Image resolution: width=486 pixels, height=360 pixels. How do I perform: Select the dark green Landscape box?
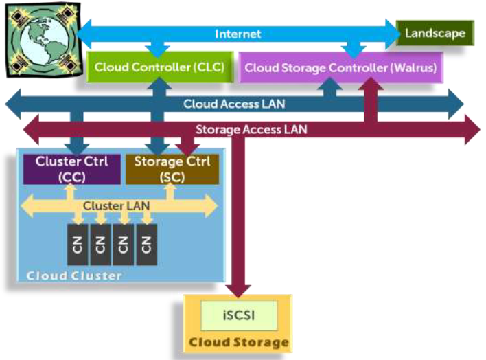click(435, 32)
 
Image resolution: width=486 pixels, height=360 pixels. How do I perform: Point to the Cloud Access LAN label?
click(233, 104)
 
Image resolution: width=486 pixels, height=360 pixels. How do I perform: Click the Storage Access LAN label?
click(251, 128)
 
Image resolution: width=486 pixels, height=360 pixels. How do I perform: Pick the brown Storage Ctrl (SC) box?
click(172, 169)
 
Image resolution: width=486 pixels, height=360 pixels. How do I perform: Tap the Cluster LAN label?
click(117, 205)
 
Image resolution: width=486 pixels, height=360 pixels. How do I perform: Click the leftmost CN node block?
click(78, 244)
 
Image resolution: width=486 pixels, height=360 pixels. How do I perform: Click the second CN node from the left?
click(100, 244)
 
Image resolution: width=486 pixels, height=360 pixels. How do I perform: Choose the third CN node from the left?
click(123, 244)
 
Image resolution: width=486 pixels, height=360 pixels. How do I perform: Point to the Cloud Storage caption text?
click(238, 341)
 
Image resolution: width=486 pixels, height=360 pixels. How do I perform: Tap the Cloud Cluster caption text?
click(73, 275)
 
